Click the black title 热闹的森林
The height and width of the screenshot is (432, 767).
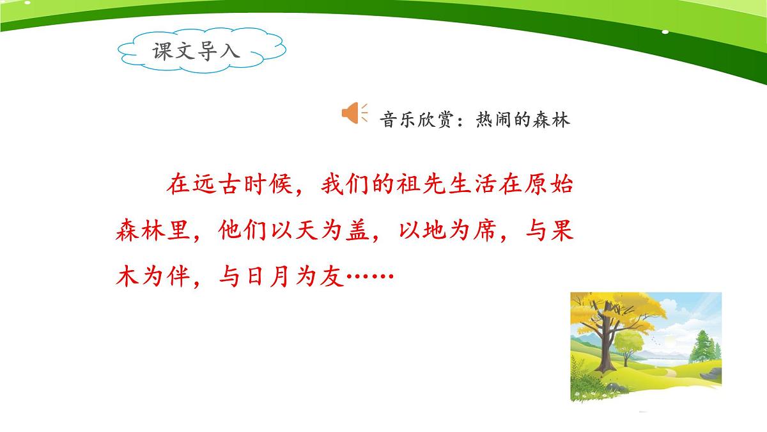(x=523, y=120)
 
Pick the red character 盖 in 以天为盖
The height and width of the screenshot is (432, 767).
(x=357, y=231)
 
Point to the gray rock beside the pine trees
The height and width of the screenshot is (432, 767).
(x=708, y=374)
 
